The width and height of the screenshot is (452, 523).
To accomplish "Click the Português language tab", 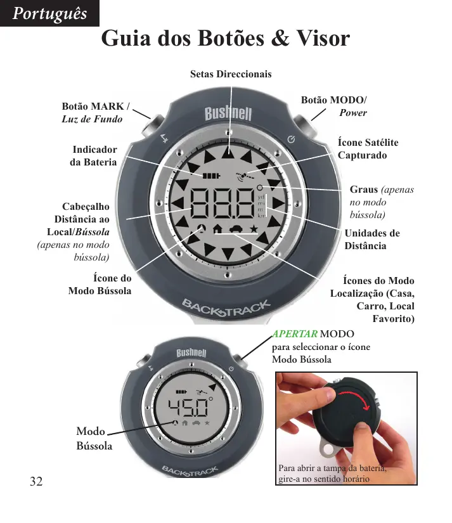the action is tap(49, 13).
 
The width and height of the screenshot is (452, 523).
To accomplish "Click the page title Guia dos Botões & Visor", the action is tap(226, 39).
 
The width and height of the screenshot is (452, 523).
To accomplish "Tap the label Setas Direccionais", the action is tap(231, 74).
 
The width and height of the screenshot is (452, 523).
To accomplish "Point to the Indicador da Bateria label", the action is tap(94, 156).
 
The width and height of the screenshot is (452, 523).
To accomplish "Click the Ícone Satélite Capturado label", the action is tap(368, 149).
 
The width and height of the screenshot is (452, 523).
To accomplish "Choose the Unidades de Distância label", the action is tap(372, 240).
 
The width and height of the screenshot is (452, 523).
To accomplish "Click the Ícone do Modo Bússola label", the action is tap(100, 284).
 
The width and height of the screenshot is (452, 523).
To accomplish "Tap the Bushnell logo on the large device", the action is tap(228, 115).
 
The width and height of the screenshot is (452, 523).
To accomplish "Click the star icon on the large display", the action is tap(254, 229).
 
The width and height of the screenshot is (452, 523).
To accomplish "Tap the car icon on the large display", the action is tap(235, 229).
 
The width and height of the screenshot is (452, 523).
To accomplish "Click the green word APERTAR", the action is tap(295, 335).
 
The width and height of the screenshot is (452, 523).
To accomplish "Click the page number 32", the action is tap(36, 481).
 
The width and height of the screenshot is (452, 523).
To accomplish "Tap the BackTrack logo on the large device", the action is tap(227, 308).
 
